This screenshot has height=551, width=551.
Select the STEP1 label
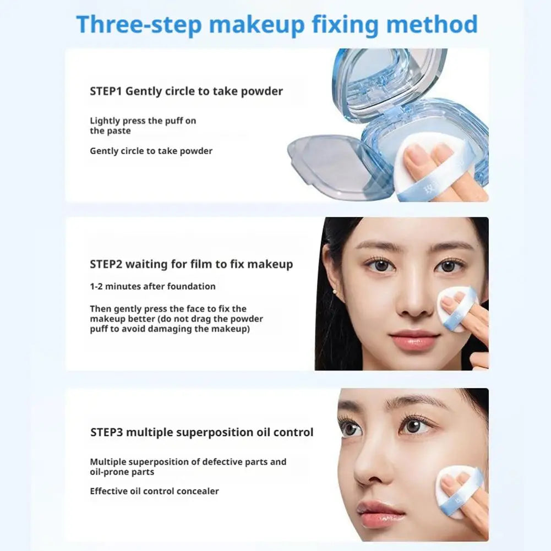(x=106, y=91)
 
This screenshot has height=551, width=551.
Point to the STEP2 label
(x=106, y=264)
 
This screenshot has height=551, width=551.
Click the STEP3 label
(x=107, y=432)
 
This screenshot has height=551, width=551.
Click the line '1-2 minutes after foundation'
(x=152, y=286)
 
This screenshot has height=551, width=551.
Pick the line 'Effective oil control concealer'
(x=154, y=491)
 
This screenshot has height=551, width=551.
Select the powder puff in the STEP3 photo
(x=458, y=490)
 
